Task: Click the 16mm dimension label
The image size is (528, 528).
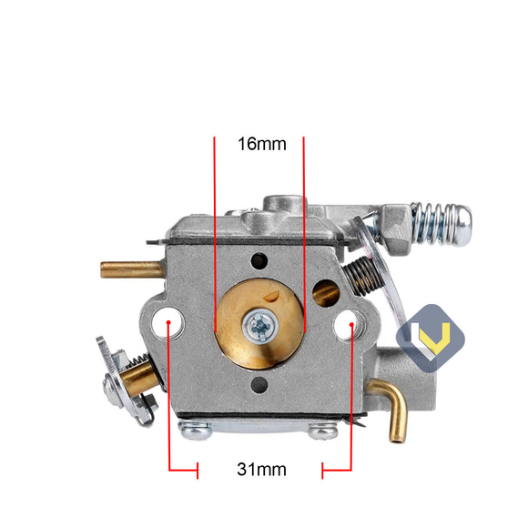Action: (261, 144)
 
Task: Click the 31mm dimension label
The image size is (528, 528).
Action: (261, 470)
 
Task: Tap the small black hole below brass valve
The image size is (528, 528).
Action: (260, 385)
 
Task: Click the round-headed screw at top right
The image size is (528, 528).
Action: (460, 218)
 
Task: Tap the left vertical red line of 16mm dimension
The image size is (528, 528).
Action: (215, 237)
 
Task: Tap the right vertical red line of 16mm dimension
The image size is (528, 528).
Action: (303, 237)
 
